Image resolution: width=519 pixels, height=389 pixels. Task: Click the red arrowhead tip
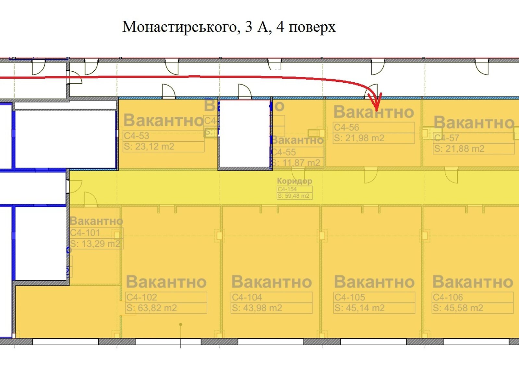[377, 110]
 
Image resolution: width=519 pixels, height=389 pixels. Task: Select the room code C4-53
[137, 136]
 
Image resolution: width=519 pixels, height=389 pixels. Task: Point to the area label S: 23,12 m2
[149, 147]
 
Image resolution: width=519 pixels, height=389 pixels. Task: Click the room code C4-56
[346, 127]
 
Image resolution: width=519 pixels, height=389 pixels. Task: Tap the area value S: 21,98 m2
[359, 138]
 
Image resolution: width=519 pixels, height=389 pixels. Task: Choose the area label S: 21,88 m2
[459, 149]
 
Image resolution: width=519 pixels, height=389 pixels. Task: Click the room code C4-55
[284, 152]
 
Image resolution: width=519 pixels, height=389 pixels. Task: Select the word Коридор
[294, 181]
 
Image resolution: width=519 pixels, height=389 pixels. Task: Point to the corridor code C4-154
[287, 189]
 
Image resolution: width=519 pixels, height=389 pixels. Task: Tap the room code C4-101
[85, 233]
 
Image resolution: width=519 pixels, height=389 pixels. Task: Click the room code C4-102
[142, 297]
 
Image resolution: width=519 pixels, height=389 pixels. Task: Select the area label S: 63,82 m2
[152, 308]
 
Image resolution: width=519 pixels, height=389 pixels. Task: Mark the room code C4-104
[247, 297]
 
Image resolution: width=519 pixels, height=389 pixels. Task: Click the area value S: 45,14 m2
[359, 308]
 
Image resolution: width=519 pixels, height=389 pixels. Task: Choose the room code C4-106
[448, 297]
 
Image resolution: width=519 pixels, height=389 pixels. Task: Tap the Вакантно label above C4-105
[374, 282]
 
